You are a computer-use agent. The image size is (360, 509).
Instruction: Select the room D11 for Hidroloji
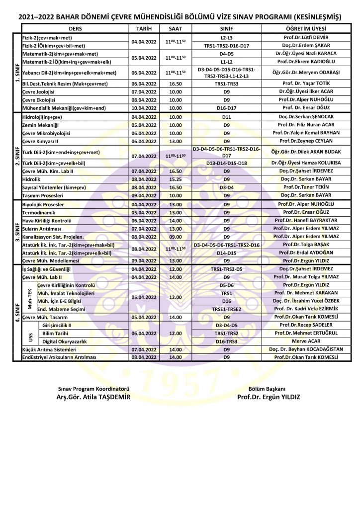coord(226,117)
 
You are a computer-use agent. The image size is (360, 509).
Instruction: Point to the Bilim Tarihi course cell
coord(55,334)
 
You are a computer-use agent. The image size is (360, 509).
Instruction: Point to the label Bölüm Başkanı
coord(269,389)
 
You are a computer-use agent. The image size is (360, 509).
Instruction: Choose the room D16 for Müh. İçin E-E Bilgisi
coord(226,301)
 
